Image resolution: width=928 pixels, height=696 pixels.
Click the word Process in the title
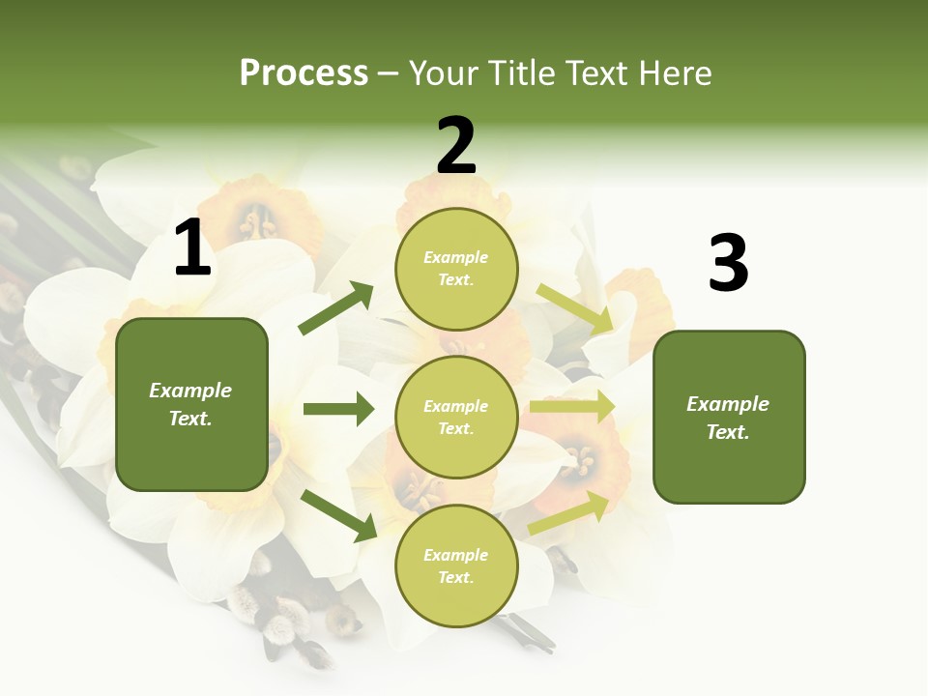[304, 73]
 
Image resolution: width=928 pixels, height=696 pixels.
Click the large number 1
[192, 248]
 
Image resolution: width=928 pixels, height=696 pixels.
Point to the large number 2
[456, 146]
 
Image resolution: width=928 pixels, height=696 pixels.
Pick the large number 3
[728, 264]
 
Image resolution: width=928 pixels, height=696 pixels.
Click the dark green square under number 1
[191, 404]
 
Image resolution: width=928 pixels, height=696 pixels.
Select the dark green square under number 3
[729, 417]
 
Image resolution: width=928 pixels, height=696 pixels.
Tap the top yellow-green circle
[456, 269]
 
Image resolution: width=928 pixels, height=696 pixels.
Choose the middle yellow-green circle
[456, 417]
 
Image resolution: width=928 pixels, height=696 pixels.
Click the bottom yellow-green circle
[456, 565]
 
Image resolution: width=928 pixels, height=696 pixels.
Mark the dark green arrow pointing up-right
[336, 307]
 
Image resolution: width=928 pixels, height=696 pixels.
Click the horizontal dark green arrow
[338, 409]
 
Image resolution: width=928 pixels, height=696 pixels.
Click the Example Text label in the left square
[190, 404]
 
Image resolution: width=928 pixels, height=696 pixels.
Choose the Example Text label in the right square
[728, 418]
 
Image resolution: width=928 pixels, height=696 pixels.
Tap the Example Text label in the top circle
[456, 269]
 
